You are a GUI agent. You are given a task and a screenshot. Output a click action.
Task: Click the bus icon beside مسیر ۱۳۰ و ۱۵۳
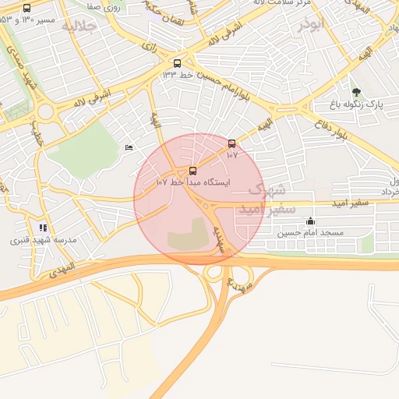[x=27, y=9]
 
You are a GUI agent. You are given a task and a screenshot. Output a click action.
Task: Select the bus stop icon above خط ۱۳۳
[x=178, y=64]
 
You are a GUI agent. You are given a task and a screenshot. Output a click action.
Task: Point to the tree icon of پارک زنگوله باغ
[x=356, y=93]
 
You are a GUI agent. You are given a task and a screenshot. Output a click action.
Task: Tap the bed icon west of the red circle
[x=129, y=148]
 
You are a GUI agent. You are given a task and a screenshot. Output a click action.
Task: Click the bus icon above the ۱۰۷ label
[x=231, y=143]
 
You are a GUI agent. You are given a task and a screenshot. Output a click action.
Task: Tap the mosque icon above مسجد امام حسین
[x=311, y=221]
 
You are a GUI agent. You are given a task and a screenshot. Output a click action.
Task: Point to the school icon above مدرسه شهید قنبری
[x=43, y=228]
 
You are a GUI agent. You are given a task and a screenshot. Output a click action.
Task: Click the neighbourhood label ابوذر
[x=309, y=24]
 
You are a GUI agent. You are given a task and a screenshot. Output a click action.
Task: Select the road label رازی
[x=149, y=47]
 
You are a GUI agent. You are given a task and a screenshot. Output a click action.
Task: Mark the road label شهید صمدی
[x=21, y=66]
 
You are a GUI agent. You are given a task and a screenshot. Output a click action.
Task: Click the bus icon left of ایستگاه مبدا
[x=192, y=170]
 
